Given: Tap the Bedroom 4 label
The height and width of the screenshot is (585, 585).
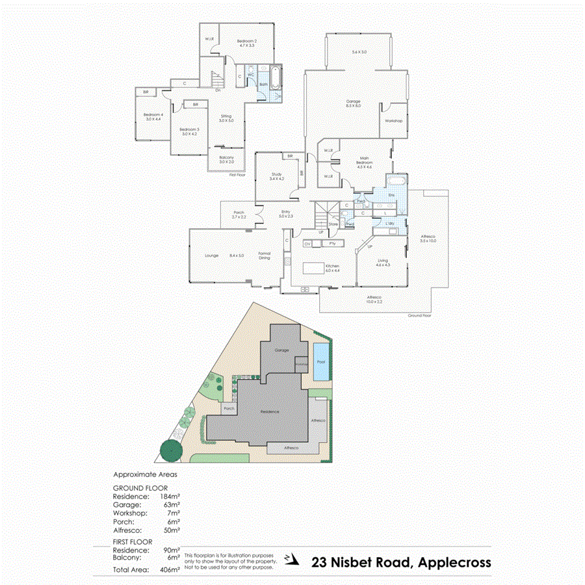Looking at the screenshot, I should (x=153, y=116).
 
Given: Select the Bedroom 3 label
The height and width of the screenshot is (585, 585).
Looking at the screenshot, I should (x=189, y=130).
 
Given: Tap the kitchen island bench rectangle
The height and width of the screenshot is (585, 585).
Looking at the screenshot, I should (x=313, y=268).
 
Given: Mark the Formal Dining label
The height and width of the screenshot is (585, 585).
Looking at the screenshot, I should (x=265, y=255).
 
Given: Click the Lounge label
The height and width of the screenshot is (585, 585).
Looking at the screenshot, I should (x=211, y=255).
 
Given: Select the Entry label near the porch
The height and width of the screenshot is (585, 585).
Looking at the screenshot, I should (x=285, y=213).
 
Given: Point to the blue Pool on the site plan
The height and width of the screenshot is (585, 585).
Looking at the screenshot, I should (x=320, y=367).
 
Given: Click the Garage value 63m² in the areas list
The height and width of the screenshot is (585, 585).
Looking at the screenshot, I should (x=171, y=504).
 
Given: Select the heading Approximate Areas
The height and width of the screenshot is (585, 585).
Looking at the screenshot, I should (x=145, y=474).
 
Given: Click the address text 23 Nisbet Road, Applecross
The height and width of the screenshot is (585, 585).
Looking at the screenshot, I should (x=401, y=562).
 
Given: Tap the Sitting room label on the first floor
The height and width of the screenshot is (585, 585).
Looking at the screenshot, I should (x=226, y=118).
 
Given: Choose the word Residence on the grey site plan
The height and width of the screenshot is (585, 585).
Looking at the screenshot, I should (x=269, y=412).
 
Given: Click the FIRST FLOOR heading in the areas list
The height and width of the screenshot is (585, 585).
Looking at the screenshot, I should (x=133, y=541).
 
